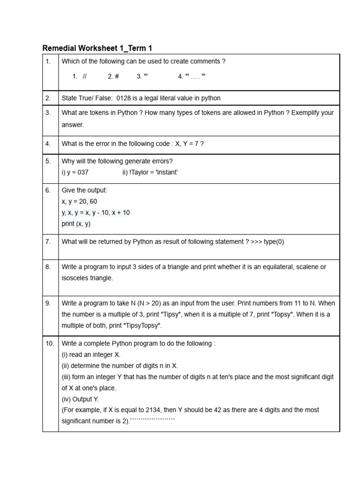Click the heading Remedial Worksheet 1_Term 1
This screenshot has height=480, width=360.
[97, 48]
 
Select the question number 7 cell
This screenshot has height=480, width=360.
[48, 242]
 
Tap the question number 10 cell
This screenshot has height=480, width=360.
[50, 344]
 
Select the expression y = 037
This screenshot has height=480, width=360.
[75, 172]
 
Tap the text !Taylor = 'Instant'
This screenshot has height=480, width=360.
[150, 172]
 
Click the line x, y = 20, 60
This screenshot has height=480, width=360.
[80, 202]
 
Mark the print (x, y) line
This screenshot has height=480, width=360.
[76, 224]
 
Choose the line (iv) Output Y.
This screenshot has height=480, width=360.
[80, 399]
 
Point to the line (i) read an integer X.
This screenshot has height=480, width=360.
[91, 355]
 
